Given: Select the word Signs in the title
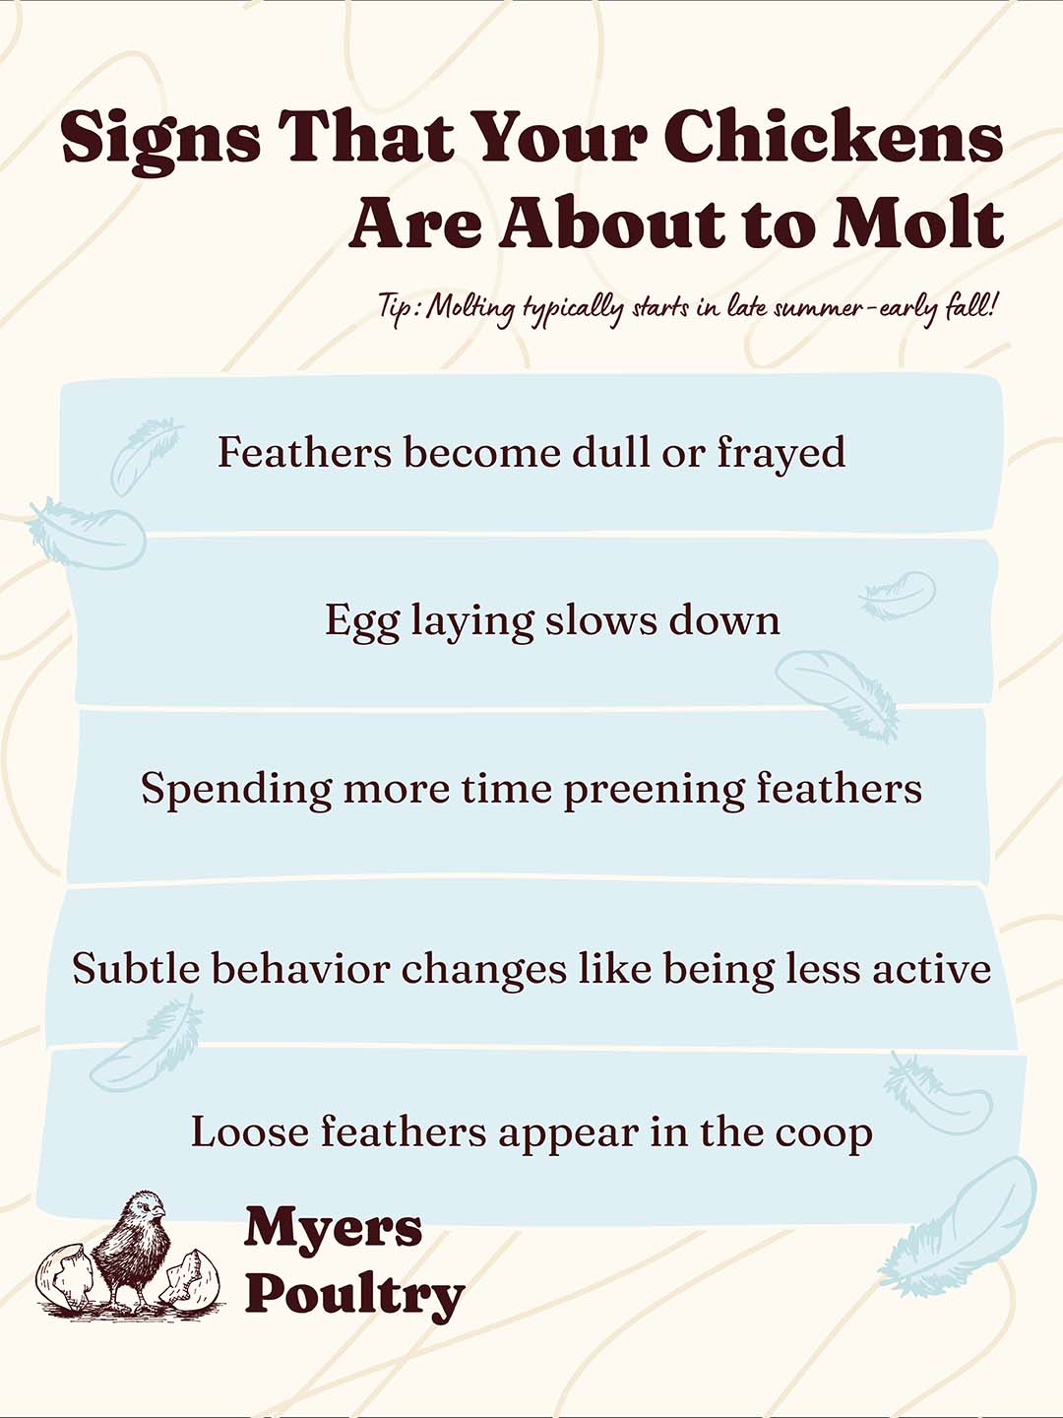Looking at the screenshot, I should pos(159,138).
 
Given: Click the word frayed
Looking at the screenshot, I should pos(781,453).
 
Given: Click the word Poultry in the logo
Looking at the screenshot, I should pos(354,1294).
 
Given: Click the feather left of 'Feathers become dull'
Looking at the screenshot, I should pos(142,454).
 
